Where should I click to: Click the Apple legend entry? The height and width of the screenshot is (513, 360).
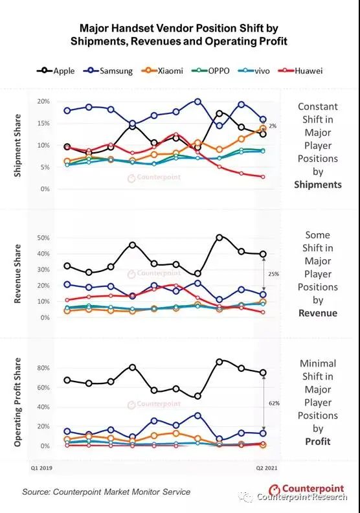pos(56,71)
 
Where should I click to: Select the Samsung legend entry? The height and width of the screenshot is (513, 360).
pos(108,71)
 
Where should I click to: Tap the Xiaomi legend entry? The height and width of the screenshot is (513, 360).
pos(162,71)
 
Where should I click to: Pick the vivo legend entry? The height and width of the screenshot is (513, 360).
pos(254,71)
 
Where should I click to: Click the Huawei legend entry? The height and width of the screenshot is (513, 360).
pos(300,71)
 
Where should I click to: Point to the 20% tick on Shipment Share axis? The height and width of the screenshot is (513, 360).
pos(43,102)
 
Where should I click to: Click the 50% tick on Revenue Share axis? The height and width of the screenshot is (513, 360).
pos(43,238)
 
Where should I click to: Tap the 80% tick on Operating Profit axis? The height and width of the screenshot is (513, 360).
pos(43,368)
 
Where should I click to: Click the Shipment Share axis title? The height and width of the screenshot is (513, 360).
pos(17,146)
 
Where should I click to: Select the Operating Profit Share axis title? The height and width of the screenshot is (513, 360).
pos(17,402)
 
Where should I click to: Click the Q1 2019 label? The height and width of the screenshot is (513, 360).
pos(41,468)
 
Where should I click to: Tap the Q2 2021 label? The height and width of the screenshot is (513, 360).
pos(267,468)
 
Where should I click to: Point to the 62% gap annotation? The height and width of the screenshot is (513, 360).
pos(274,404)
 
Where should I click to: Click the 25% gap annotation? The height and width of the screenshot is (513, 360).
pos(274,274)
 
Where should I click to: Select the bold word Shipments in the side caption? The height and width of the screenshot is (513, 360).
pos(318,185)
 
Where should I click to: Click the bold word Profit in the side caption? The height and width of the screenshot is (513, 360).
pos(318,441)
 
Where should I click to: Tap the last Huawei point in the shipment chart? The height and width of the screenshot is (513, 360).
pos(263,177)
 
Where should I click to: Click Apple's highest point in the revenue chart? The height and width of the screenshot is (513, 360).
pos(219,237)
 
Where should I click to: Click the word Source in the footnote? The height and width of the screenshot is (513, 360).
pos(36,492)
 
